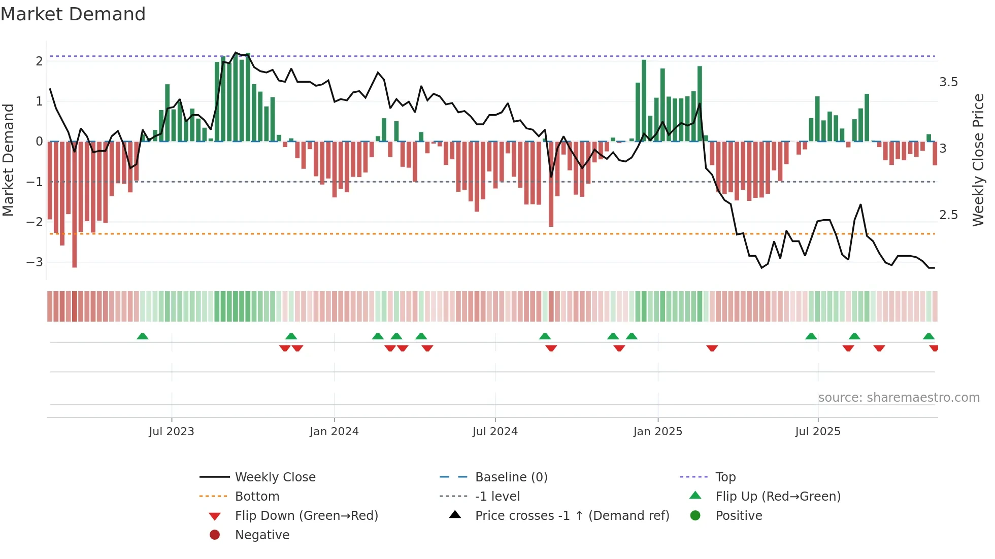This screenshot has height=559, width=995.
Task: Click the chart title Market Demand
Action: (x=73, y=14)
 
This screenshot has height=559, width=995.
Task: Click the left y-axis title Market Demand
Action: (x=8, y=160)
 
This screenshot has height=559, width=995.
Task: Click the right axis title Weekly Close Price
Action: (x=978, y=160)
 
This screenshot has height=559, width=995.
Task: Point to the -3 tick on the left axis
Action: (x=35, y=262)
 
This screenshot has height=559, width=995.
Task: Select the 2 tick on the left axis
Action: (x=39, y=61)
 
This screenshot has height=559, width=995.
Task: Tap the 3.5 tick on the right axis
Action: (x=948, y=82)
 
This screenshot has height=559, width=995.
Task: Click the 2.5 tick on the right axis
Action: (x=948, y=215)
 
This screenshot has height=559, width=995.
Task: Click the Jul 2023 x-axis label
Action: (x=172, y=432)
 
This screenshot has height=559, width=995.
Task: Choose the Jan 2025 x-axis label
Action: (x=658, y=432)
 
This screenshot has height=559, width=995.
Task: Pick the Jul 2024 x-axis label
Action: (x=495, y=432)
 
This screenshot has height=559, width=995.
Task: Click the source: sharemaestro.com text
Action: (x=899, y=398)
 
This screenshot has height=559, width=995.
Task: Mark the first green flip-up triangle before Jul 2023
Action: (x=143, y=336)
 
